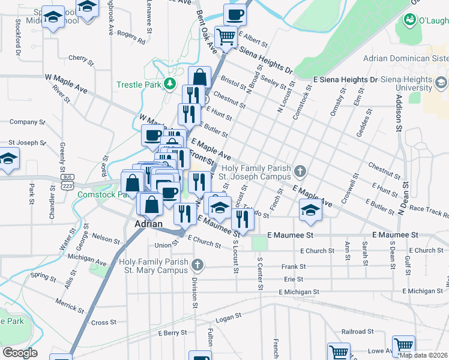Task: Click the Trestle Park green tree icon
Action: coord(171,84)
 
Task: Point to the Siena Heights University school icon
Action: coord(442,82)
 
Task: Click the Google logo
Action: coord(20,353)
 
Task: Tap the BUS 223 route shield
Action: coord(67,181)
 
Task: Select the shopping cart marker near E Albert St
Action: coord(226,37)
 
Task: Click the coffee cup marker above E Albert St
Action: coord(235,14)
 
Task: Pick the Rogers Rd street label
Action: coord(131,38)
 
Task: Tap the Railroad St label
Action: coord(358,331)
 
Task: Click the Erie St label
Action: coord(294,279)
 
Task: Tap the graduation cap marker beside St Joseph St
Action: coord(8,159)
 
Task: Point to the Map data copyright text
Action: coord(423,355)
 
